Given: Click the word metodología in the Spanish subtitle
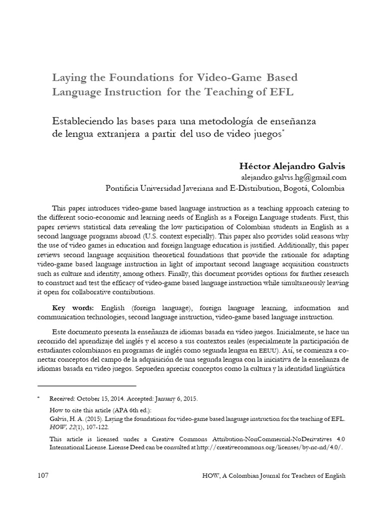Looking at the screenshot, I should coord(219,121).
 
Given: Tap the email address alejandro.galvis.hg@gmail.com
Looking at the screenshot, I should coord(292,177).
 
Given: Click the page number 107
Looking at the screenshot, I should coord(43,476).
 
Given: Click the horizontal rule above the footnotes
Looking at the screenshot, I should coord(87,385).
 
